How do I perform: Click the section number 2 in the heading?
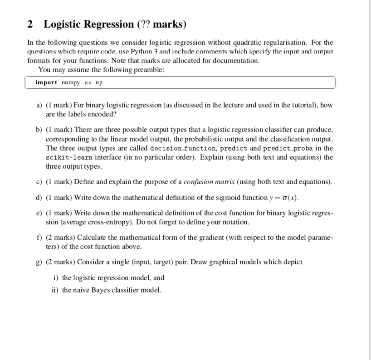pyautogui.click(x=30, y=24)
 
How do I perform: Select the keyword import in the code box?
pyautogui.click(x=46, y=82)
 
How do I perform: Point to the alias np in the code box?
pyautogui.click(x=100, y=82)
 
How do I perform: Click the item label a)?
pyautogui.click(x=39, y=105)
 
